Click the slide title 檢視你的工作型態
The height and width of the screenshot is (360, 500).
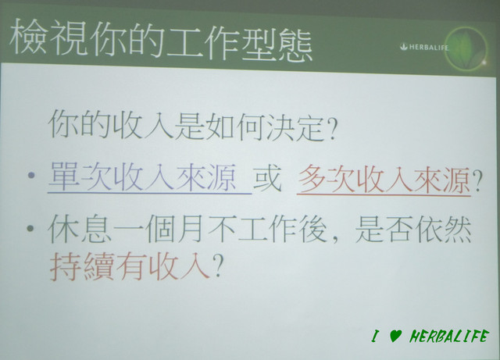(x=161, y=40)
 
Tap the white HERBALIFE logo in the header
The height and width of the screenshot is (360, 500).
(x=424, y=47)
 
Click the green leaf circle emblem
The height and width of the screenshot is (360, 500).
(x=466, y=48)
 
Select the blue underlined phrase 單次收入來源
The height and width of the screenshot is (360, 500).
(x=142, y=176)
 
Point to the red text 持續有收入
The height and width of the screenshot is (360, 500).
(x=130, y=266)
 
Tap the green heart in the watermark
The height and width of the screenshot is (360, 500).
(x=395, y=336)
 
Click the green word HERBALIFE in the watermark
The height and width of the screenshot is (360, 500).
(x=448, y=336)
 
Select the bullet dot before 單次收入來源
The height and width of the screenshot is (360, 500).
(x=31, y=175)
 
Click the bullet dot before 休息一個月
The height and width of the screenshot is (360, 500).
(x=30, y=228)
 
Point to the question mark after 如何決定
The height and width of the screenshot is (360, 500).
(x=330, y=130)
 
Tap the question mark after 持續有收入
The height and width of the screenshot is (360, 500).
(x=217, y=266)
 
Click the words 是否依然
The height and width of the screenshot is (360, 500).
(x=413, y=229)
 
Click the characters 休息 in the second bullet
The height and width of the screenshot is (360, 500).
(x=80, y=228)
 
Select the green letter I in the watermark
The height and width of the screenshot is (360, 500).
(x=376, y=336)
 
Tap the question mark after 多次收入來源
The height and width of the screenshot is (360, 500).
(x=477, y=180)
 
